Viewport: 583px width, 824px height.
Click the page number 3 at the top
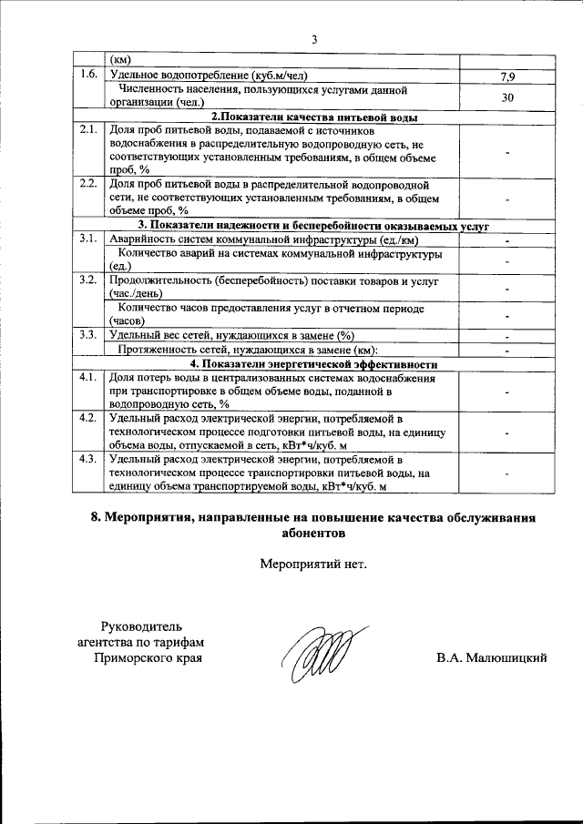click(313, 39)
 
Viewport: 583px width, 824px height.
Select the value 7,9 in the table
click(507, 76)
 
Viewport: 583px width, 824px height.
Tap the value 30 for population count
click(507, 97)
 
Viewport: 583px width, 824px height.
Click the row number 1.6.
click(87, 75)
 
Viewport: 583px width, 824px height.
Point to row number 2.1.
click(87, 131)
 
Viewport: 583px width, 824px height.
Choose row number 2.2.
click(87, 184)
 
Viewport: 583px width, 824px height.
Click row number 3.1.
click(87, 239)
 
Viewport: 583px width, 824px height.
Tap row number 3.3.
click(87, 335)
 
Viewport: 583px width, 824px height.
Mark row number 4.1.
click(87, 377)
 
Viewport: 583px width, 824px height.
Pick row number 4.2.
click(87, 418)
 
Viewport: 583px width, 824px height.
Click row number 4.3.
click(87, 459)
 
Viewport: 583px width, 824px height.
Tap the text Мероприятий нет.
click(312, 564)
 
